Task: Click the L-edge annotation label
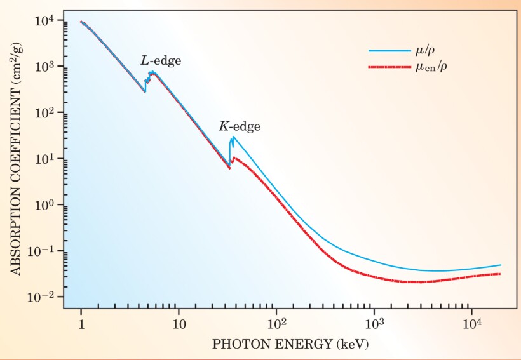click(x=161, y=61)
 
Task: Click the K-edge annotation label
click(x=240, y=126)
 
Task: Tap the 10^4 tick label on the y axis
click(x=45, y=20)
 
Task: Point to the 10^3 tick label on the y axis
click(x=45, y=67)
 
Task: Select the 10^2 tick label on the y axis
click(x=45, y=112)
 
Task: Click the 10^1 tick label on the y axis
click(x=45, y=159)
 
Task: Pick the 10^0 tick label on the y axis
click(x=45, y=204)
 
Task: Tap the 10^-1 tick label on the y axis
click(x=43, y=251)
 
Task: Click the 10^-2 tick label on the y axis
click(x=43, y=297)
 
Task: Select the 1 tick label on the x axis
click(x=81, y=324)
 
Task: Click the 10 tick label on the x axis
click(x=179, y=324)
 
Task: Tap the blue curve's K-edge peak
click(x=234, y=137)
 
